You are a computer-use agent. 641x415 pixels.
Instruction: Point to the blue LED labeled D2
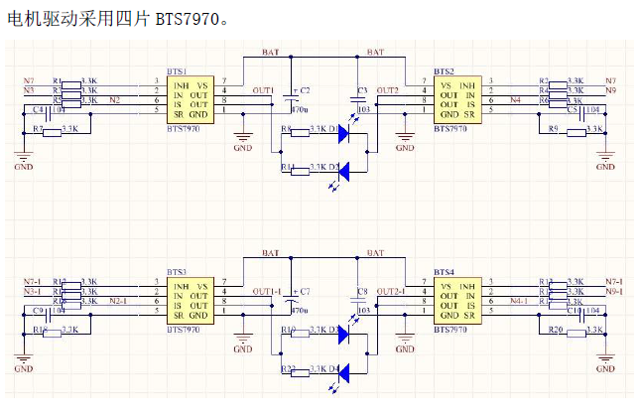coord(344,169)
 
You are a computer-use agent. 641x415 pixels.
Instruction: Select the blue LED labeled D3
coord(344,333)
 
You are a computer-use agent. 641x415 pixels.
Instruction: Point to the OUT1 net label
coord(263,90)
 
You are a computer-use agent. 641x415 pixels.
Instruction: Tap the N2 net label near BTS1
coord(115,100)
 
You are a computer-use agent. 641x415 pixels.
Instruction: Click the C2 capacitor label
coord(305,89)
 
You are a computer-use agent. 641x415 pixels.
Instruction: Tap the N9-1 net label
coord(613,292)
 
